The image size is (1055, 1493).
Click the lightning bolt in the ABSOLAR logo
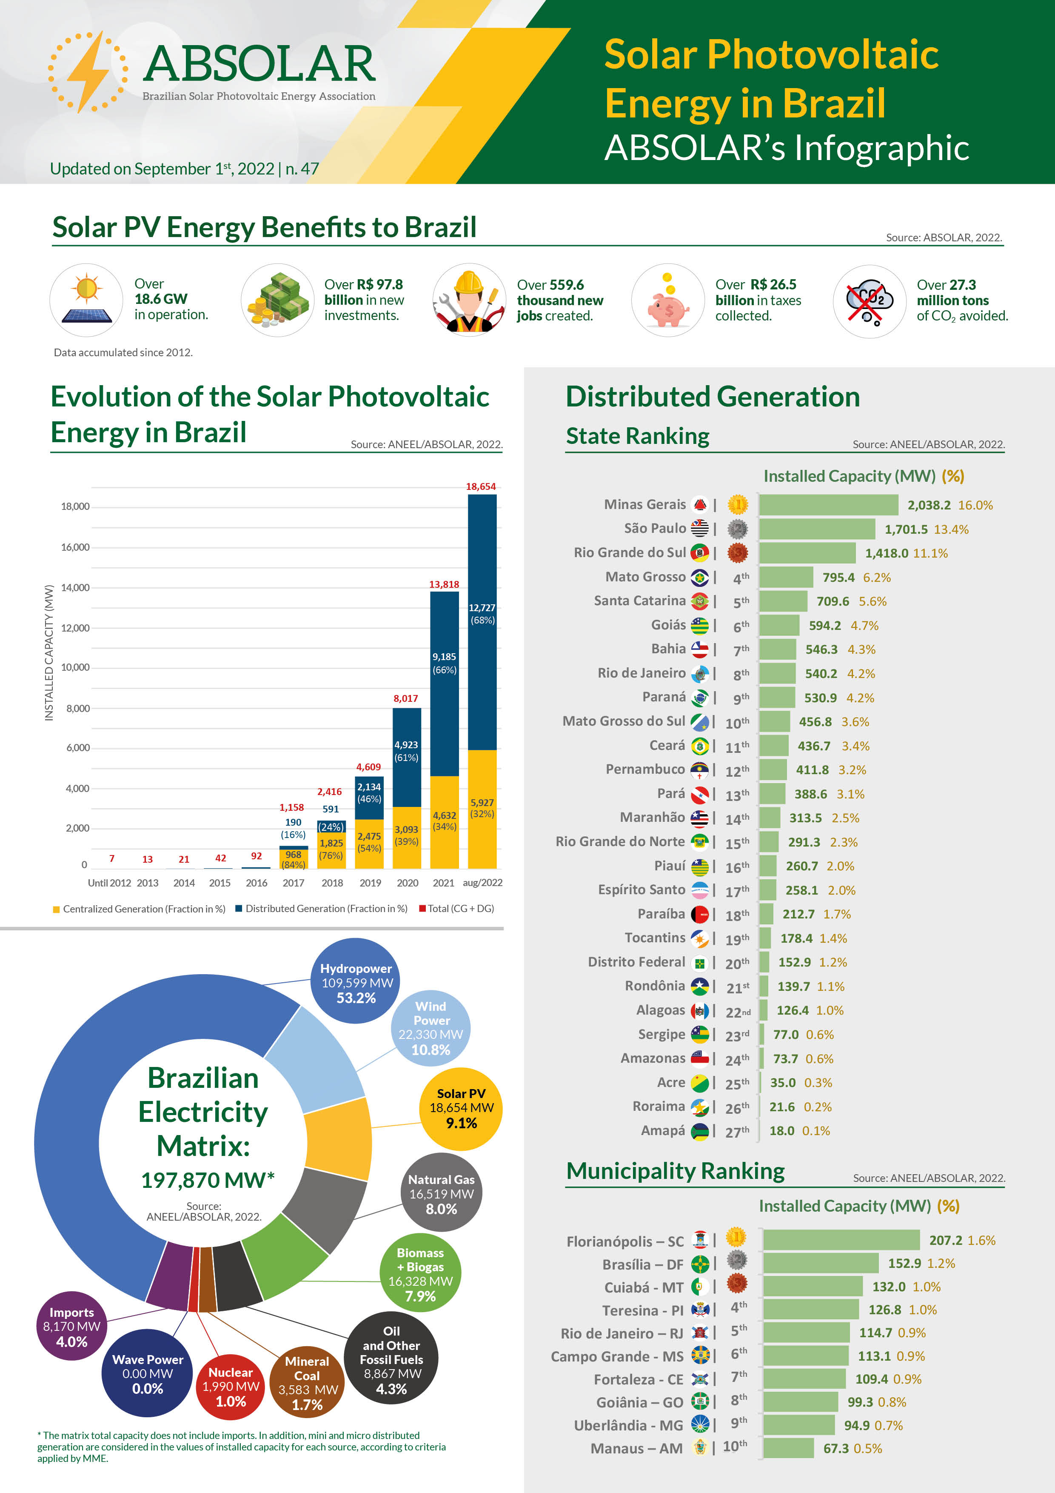coord(89,72)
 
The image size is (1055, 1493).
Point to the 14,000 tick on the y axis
coord(75,587)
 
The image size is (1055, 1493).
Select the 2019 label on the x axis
coord(370,882)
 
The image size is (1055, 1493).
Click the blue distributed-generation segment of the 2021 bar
coord(444,683)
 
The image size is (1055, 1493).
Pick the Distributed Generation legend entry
coord(322,908)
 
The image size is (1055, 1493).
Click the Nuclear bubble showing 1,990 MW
coord(231,1386)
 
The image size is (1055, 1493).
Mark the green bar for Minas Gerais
coord(828,505)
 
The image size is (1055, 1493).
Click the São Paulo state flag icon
coord(699,528)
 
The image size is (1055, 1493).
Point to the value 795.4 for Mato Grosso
coord(838,578)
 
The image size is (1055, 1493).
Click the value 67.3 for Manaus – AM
coord(836,1448)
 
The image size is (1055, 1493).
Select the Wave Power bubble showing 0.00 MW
coord(148,1373)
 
